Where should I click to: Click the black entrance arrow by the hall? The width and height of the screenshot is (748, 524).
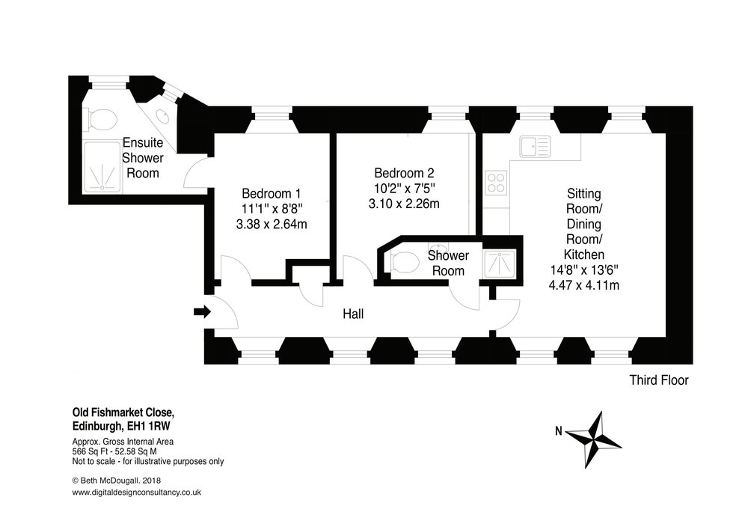click(x=201, y=311)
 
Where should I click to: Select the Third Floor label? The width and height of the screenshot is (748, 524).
click(x=657, y=381)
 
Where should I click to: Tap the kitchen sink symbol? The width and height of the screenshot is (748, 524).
click(x=536, y=146)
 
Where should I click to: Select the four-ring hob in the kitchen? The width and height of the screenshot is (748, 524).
click(x=496, y=182)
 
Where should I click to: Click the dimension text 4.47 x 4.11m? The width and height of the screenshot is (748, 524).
click(x=586, y=285)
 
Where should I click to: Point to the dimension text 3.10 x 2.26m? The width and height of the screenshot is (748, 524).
click(x=405, y=203)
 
